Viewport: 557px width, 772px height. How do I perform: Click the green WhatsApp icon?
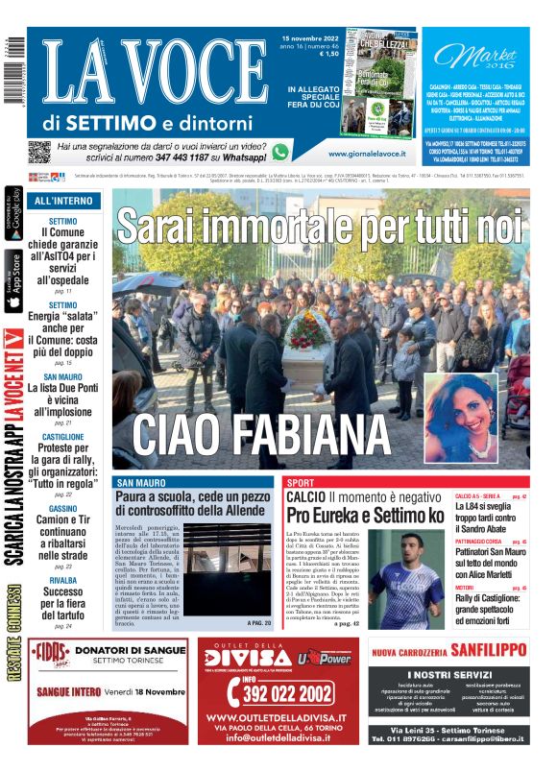(279, 152)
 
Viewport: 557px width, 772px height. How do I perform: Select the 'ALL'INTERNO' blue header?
(63, 201)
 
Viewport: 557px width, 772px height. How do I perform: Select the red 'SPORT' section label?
(301, 482)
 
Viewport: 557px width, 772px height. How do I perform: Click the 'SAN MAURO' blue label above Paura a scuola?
(141, 482)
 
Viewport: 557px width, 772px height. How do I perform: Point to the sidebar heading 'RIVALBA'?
(63, 581)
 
